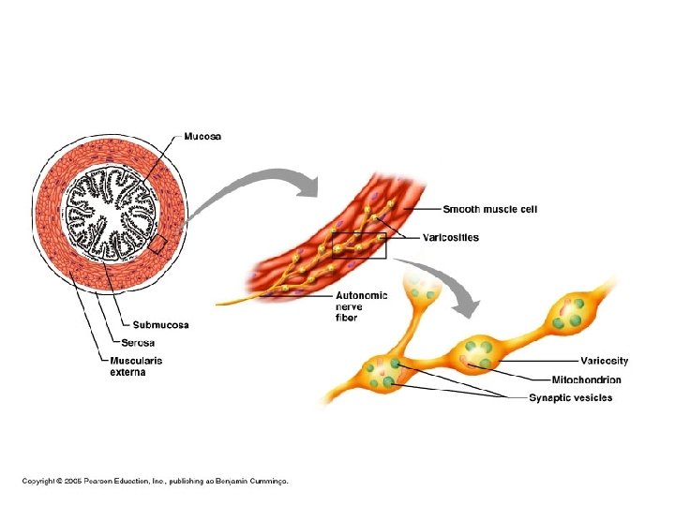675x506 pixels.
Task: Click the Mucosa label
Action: pyautogui.click(x=202, y=137)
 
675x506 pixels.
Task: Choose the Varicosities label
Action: pyautogui.click(x=447, y=238)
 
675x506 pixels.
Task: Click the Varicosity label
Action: pyautogui.click(x=604, y=361)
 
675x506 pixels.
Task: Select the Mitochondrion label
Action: pyautogui.click(x=586, y=379)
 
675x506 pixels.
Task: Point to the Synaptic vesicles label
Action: pyautogui.click(x=570, y=398)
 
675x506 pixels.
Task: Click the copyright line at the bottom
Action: pyautogui.click(x=156, y=480)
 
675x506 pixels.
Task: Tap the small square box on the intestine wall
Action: pyautogui.click(x=157, y=245)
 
